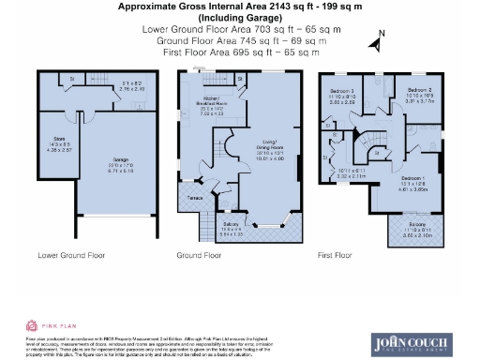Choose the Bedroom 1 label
pyautogui.click(x=409, y=177)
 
